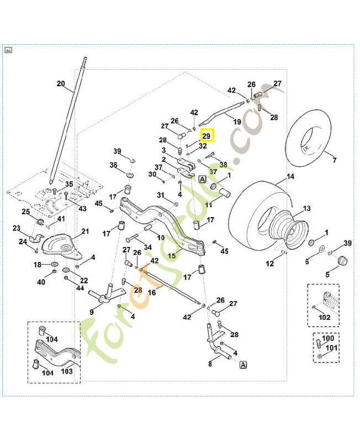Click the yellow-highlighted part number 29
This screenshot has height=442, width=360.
(207, 135)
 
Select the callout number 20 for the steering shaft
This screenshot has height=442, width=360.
(61, 84)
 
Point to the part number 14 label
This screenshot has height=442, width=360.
(290, 178)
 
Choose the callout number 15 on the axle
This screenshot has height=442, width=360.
(172, 256)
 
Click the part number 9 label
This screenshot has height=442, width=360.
(92, 312)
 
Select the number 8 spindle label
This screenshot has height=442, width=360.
(210, 364)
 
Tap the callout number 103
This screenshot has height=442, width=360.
(66, 371)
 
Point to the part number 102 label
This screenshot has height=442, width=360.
(325, 318)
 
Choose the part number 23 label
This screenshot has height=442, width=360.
(16, 228)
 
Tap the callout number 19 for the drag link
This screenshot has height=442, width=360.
(237, 122)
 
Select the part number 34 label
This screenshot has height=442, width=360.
(148, 246)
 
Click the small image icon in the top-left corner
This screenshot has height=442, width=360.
(8, 50)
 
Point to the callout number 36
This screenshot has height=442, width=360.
(113, 165)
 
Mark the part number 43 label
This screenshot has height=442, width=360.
(82, 208)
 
